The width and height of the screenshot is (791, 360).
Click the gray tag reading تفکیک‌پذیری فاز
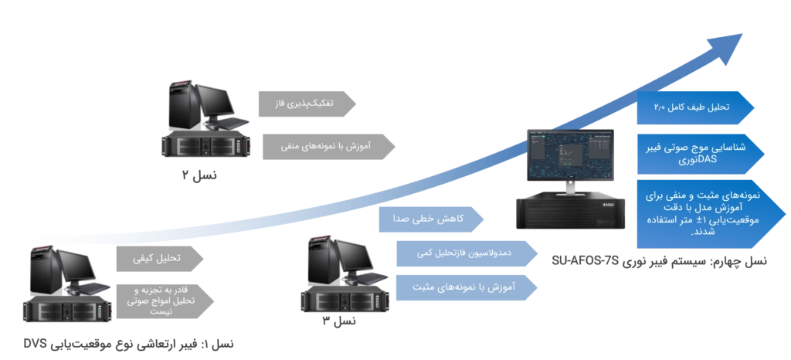[x=307, y=104]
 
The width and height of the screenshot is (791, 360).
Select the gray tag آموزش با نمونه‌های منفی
[x=328, y=147]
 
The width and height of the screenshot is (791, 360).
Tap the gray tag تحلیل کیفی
[x=159, y=259]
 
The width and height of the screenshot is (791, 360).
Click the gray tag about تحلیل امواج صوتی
[x=165, y=301]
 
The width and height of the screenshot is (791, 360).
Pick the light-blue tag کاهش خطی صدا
[x=431, y=219]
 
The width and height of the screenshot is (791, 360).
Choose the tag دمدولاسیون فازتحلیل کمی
[x=467, y=253]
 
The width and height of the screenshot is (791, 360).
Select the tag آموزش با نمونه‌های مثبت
[x=466, y=287]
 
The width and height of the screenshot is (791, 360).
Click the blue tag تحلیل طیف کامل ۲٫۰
[x=695, y=108]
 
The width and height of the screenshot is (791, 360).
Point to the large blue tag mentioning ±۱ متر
[x=711, y=214]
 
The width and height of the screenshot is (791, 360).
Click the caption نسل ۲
[x=199, y=175]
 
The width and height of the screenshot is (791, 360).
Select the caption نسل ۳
[x=339, y=320]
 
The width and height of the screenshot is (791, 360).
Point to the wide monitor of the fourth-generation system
[x=571, y=156]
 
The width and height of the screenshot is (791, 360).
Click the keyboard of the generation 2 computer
[x=230, y=123]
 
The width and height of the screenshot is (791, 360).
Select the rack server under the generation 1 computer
[x=68, y=308]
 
